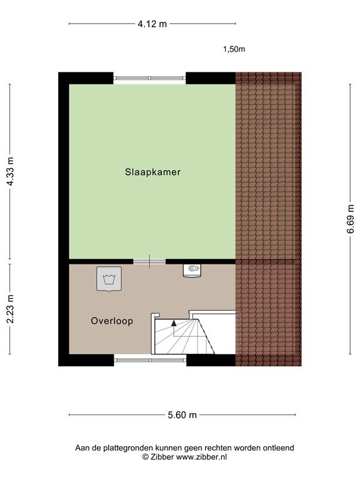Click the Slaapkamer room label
152,172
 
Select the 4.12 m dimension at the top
152,24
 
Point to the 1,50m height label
234,49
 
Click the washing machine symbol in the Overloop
109,278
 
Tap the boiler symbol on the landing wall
192,270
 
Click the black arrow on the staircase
173,323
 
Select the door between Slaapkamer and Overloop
149,261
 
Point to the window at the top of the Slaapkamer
150,77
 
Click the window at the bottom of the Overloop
150,360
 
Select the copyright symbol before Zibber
146,457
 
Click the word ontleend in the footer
278,447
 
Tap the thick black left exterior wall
63,219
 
